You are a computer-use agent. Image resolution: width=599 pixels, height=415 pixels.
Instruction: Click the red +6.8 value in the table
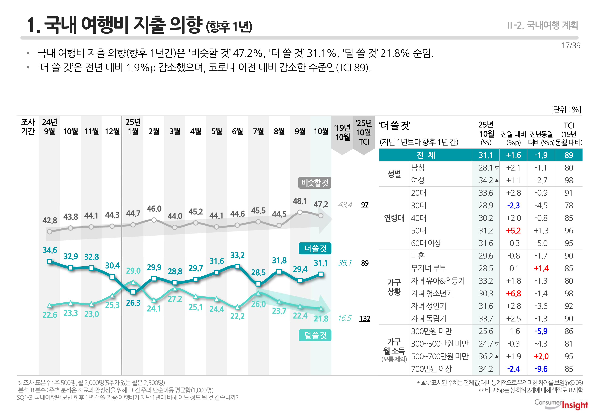pyautogui.click(x=513, y=294)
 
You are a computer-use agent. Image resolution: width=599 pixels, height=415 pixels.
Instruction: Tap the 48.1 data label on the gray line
pyautogui.click(x=300, y=201)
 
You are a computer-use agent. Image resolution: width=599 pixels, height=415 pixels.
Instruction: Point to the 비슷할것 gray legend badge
pyautogui.click(x=315, y=183)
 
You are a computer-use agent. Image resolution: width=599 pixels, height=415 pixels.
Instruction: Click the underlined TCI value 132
pyautogui.click(x=365, y=318)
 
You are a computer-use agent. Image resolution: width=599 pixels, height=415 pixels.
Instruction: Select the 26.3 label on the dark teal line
pyautogui.click(x=133, y=303)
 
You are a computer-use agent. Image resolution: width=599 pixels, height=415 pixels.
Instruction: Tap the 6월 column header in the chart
pyautogui.click(x=237, y=131)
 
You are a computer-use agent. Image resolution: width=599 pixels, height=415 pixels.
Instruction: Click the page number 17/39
pyautogui.click(x=571, y=45)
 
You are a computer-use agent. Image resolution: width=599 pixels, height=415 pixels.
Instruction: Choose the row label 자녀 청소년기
pyautogui.click(x=432, y=294)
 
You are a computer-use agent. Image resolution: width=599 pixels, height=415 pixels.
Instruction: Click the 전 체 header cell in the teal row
pyautogui.click(x=425, y=155)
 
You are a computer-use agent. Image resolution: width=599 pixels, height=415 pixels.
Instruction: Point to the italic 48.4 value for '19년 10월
pyautogui.click(x=345, y=205)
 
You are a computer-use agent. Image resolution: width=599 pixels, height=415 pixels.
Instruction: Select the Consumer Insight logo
pyautogui.click(x=561, y=405)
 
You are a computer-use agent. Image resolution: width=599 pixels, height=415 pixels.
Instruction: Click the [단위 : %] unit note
pyautogui.click(x=566, y=110)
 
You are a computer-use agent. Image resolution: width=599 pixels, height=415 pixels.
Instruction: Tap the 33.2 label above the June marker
pyautogui.click(x=237, y=255)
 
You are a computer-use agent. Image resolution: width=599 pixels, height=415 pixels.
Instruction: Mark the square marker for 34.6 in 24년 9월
pyautogui.click(x=50, y=262)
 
